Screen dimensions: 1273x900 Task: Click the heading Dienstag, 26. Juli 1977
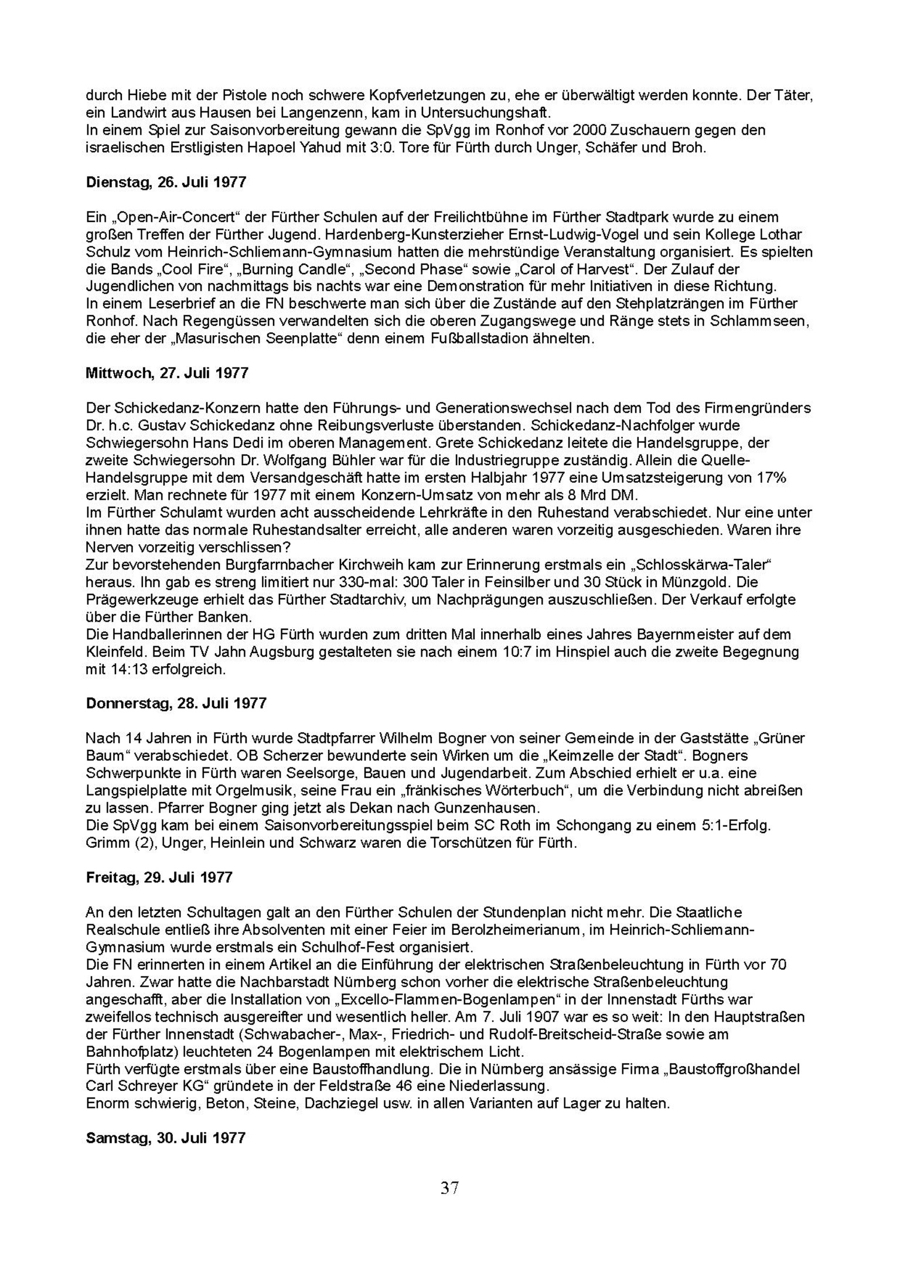click(x=166, y=182)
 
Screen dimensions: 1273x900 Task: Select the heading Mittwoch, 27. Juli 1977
click(x=167, y=373)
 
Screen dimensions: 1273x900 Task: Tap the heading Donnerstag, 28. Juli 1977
click(x=176, y=703)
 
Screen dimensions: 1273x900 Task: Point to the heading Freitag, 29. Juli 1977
click(x=159, y=878)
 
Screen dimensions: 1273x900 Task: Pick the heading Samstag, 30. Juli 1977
click(x=165, y=1138)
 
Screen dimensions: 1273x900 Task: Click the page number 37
click(x=449, y=1188)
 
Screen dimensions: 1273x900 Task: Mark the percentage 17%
click(x=771, y=477)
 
